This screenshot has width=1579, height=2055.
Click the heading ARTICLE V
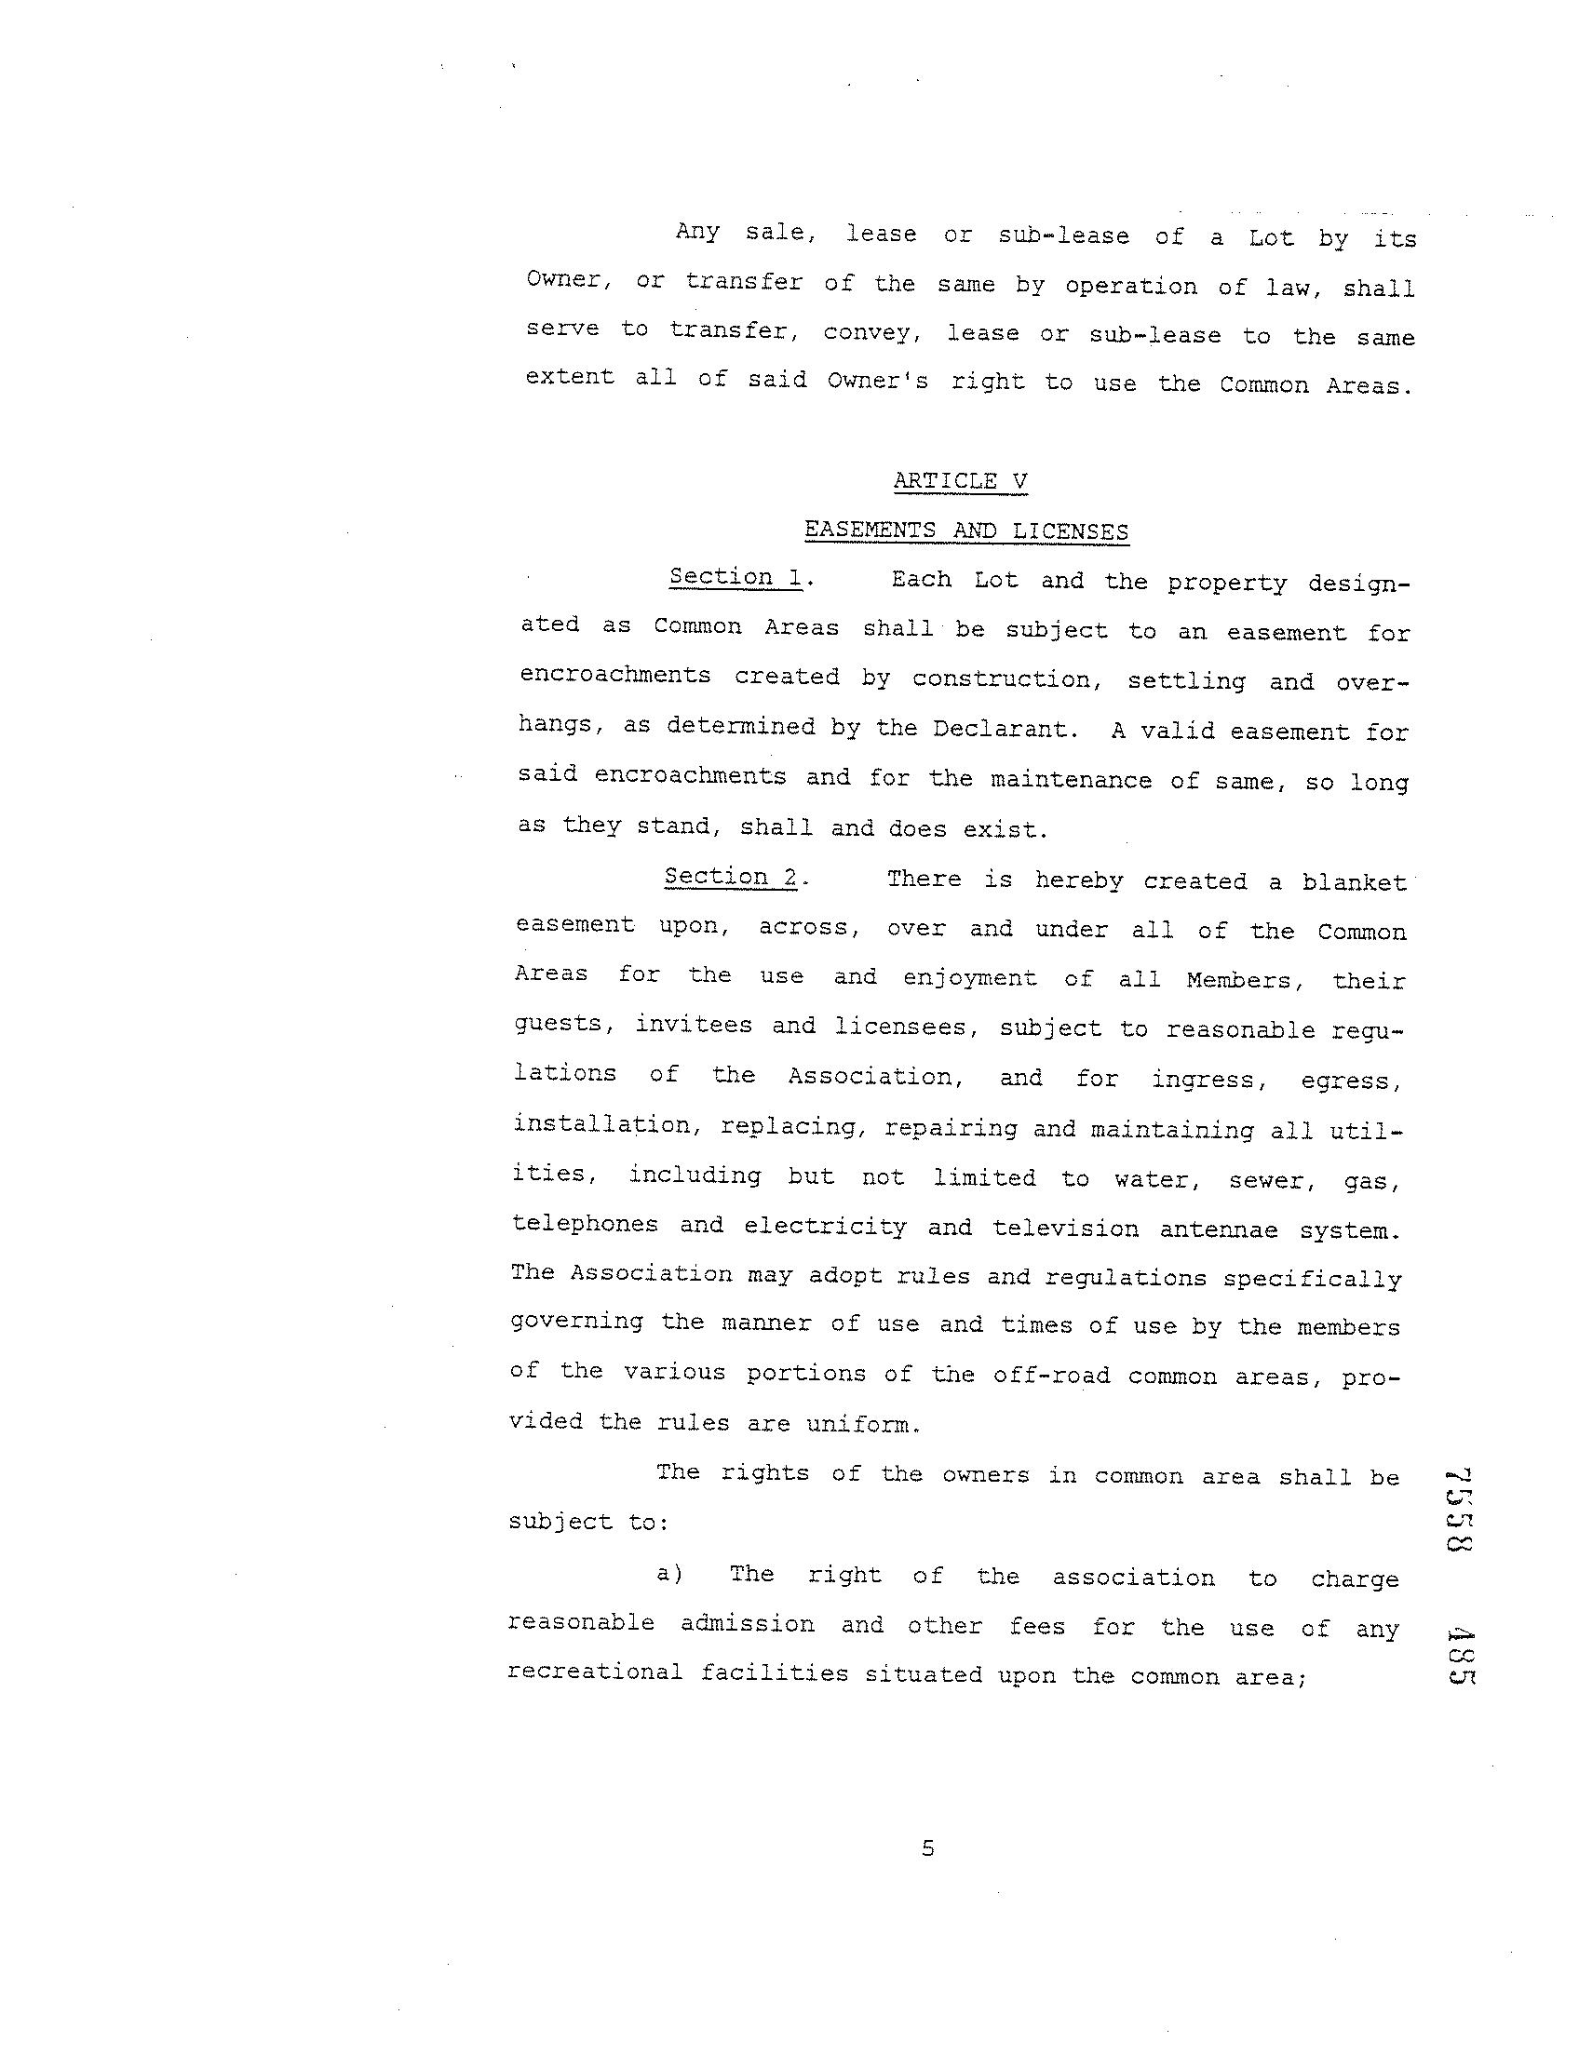click(x=960, y=481)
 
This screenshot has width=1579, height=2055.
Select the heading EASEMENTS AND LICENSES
click(x=966, y=531)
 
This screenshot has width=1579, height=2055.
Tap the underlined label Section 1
click(x=735, y=577)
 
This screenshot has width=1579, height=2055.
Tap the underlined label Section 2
click(x=730, y=877)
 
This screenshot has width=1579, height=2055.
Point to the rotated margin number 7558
click(x=1459, y=1509)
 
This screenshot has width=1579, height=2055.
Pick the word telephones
click(x=584, y=1224)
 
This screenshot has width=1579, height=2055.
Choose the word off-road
click(x=1052, y=1376)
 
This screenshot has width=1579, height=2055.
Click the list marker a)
click(x=669, y=1573)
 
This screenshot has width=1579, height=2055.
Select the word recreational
click(x=595, y=1672)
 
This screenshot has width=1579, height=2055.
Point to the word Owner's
click(x=877, y=381)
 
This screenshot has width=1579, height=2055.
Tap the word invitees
click(x=694, y=1024)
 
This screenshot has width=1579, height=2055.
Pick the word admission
click(x=748, y=1623)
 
